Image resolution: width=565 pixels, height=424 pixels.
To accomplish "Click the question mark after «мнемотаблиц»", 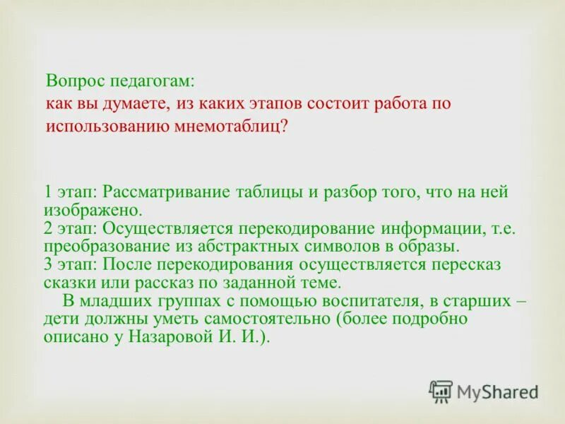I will [285, 126].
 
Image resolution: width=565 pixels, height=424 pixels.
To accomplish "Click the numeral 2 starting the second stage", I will [48, 228].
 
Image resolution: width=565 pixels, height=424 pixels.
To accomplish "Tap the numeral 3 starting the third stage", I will [48, 265].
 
